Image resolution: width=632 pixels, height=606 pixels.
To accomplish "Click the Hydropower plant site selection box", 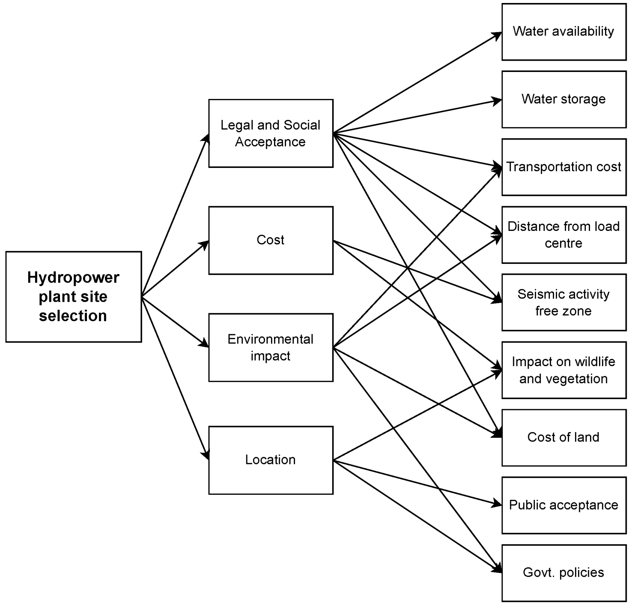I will coord(73,296).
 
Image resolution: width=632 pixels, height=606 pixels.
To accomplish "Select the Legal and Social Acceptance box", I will coord(271,133).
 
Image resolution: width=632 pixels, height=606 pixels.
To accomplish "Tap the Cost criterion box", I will coord(271,240).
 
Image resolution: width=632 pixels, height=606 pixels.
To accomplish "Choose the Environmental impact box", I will coord(271,347).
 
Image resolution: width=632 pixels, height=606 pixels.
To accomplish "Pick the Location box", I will coord(271,460).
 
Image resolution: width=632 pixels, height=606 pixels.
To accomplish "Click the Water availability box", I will coord(564,32).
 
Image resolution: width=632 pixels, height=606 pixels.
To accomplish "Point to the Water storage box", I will coord(564,99).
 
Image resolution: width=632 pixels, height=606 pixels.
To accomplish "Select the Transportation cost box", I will coord(564,167).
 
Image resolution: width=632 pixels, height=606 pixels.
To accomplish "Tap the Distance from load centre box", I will coord(564,235).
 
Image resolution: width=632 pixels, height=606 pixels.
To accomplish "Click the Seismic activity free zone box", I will coord(564,302).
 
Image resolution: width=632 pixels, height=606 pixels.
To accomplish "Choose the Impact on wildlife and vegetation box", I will coord(564,370).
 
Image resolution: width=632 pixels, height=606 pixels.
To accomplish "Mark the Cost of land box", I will coord(564,438).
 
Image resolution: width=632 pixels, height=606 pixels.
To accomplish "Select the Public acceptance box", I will coord(564,505).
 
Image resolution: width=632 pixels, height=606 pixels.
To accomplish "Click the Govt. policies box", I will coord(564,573).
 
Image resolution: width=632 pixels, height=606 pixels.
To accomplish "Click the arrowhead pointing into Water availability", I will coord(498,35).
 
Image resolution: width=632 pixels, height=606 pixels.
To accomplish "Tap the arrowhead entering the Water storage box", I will coord(497,100).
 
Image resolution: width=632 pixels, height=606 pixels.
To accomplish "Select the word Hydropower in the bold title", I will coord(73,278).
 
